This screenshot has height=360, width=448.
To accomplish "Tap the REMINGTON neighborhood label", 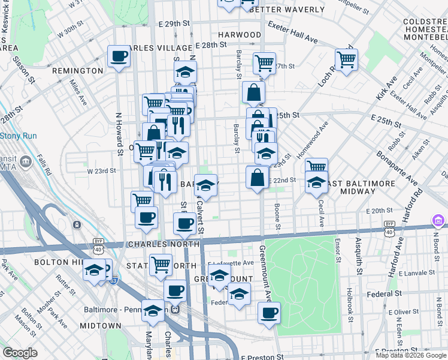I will pos(78,71).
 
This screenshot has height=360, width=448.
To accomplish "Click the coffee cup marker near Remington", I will pos(119,58).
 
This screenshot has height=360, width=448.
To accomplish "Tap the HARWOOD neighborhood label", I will pos(240,35).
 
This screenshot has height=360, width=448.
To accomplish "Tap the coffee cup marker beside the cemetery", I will pos(269,313).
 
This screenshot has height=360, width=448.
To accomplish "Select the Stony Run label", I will pos(18,136).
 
